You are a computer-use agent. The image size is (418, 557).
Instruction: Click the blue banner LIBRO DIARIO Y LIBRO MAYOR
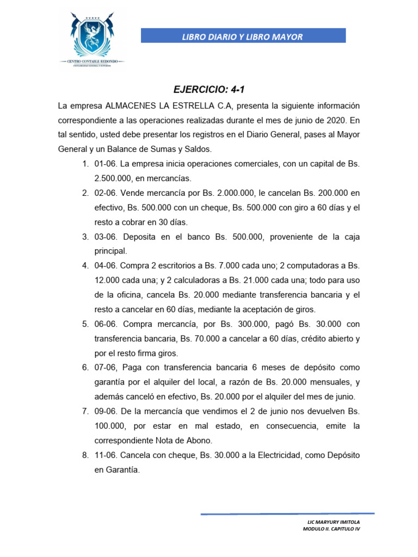click(x=243, y=36)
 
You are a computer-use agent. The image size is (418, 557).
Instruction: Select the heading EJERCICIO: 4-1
click(x=208, y=89)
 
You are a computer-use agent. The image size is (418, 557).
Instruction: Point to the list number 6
click(x=85, y=368)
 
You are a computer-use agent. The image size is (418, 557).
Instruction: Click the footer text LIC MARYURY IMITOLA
click(x=334, y=522)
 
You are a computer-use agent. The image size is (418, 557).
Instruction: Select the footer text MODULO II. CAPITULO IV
click(x=331, y=529)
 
